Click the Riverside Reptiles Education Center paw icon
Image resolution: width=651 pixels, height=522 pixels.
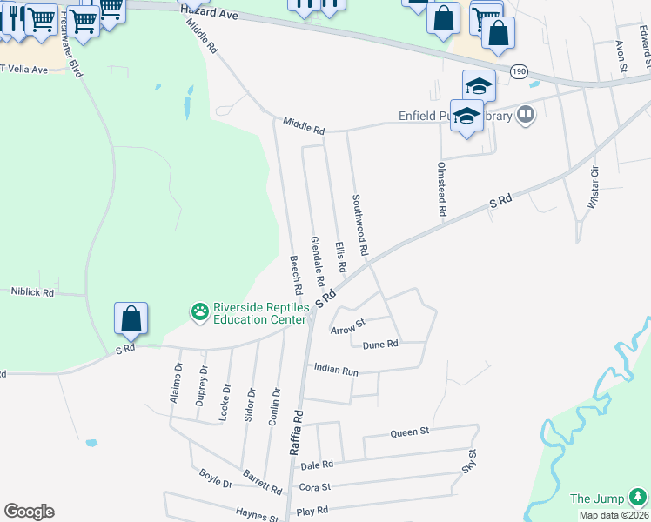200,311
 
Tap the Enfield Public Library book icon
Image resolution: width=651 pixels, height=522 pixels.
525,115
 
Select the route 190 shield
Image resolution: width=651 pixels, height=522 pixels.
519,72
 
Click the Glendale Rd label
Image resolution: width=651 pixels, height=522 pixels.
318,262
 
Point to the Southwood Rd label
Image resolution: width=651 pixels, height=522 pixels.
359,225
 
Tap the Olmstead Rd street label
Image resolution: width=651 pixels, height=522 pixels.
442,188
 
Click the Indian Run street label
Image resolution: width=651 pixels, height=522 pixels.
336,370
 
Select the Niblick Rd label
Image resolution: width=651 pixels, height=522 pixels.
32,293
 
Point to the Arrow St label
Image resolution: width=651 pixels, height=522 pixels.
347,327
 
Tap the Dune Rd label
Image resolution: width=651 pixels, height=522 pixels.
379,345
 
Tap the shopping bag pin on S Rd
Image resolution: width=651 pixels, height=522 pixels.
131,318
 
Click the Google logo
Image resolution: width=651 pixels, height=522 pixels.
29,512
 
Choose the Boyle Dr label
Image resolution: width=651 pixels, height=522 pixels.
215,478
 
